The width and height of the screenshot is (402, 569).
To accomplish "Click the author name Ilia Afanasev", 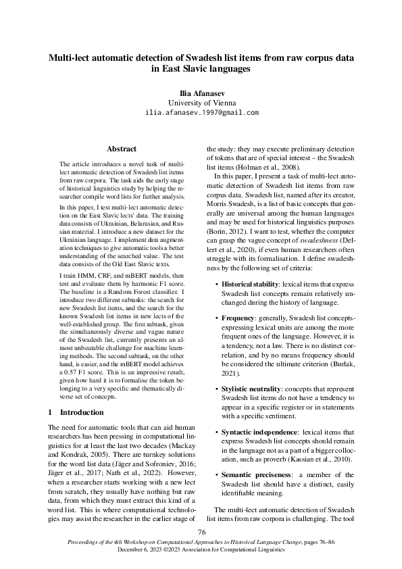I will [x=201, y=91].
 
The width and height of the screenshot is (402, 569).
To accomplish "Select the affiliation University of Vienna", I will [x=201, y=101].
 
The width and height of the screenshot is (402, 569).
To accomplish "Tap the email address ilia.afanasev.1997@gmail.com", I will [x=201, y=112].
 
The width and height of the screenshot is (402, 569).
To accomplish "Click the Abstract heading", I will [x=122, y=149].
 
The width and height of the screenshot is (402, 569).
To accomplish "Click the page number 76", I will [x=201, y=533].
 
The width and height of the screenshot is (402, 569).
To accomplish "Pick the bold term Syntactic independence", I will [x=256, y=430].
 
